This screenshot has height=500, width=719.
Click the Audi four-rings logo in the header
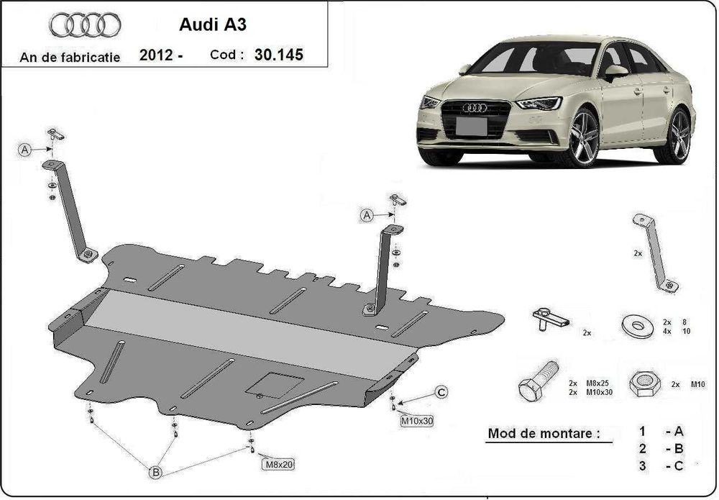pos(85,25)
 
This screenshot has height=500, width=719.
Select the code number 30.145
pos(278,55)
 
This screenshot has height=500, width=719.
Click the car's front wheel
pos(583,138)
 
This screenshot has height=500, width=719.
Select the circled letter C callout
pos(441,392)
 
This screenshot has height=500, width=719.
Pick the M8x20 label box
pos(277,464)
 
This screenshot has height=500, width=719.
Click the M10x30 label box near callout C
pos(416,421)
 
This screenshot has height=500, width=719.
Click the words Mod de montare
pos(543,434)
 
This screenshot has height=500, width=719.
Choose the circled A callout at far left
pos(25,150)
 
